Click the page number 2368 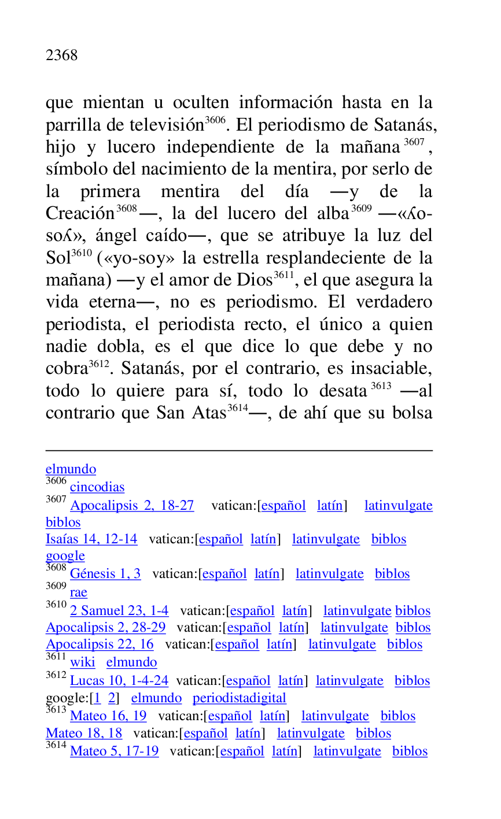(61, 55)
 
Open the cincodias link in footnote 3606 (97, 487)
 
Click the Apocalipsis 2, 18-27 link (132, 506)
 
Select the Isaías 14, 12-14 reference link (91, 539)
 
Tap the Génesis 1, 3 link (105, 574)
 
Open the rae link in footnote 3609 (78, 592)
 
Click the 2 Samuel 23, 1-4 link (119, 611)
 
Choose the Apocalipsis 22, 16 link (100, 644)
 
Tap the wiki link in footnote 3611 (82, 662)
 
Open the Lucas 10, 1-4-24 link (119, 681)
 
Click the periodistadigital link (239, 698)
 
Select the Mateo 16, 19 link (108, 716)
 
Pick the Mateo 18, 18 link (84, 733)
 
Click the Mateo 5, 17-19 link (114, 751)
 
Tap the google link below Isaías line (65, 556)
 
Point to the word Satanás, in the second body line (405, 125)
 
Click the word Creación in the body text (80, 214)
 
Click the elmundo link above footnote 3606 (71, 469)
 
